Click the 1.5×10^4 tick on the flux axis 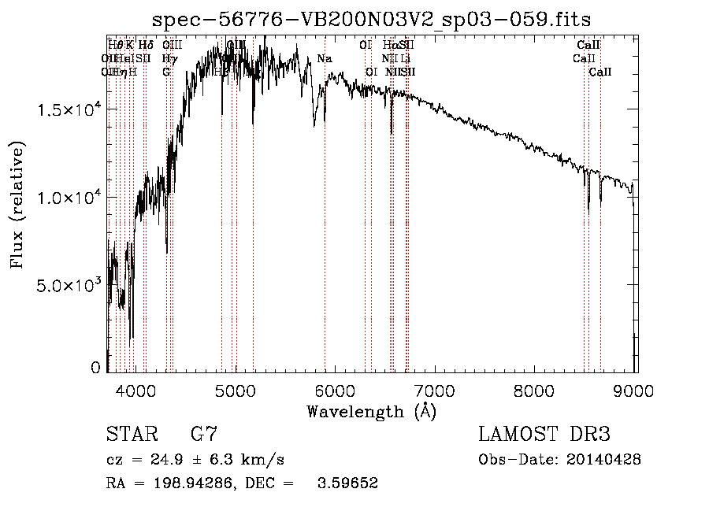[x=68, y=109]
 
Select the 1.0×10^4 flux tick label [x=68, y=197]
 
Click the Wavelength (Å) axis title [x=371, y=411]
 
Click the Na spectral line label [x=325, y=58]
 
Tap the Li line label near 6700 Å [x=405, y=58]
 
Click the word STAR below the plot [x=131, y=434]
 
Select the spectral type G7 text [x=203, y=434]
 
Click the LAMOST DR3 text [x=544, y=434]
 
